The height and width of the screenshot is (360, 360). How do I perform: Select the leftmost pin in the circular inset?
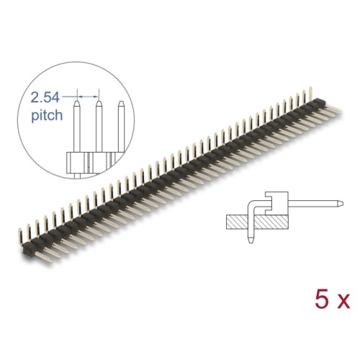[76, 130]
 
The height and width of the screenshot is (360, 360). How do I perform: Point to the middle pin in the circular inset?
[97, 130]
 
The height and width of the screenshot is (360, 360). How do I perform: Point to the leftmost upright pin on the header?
[19, 229]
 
